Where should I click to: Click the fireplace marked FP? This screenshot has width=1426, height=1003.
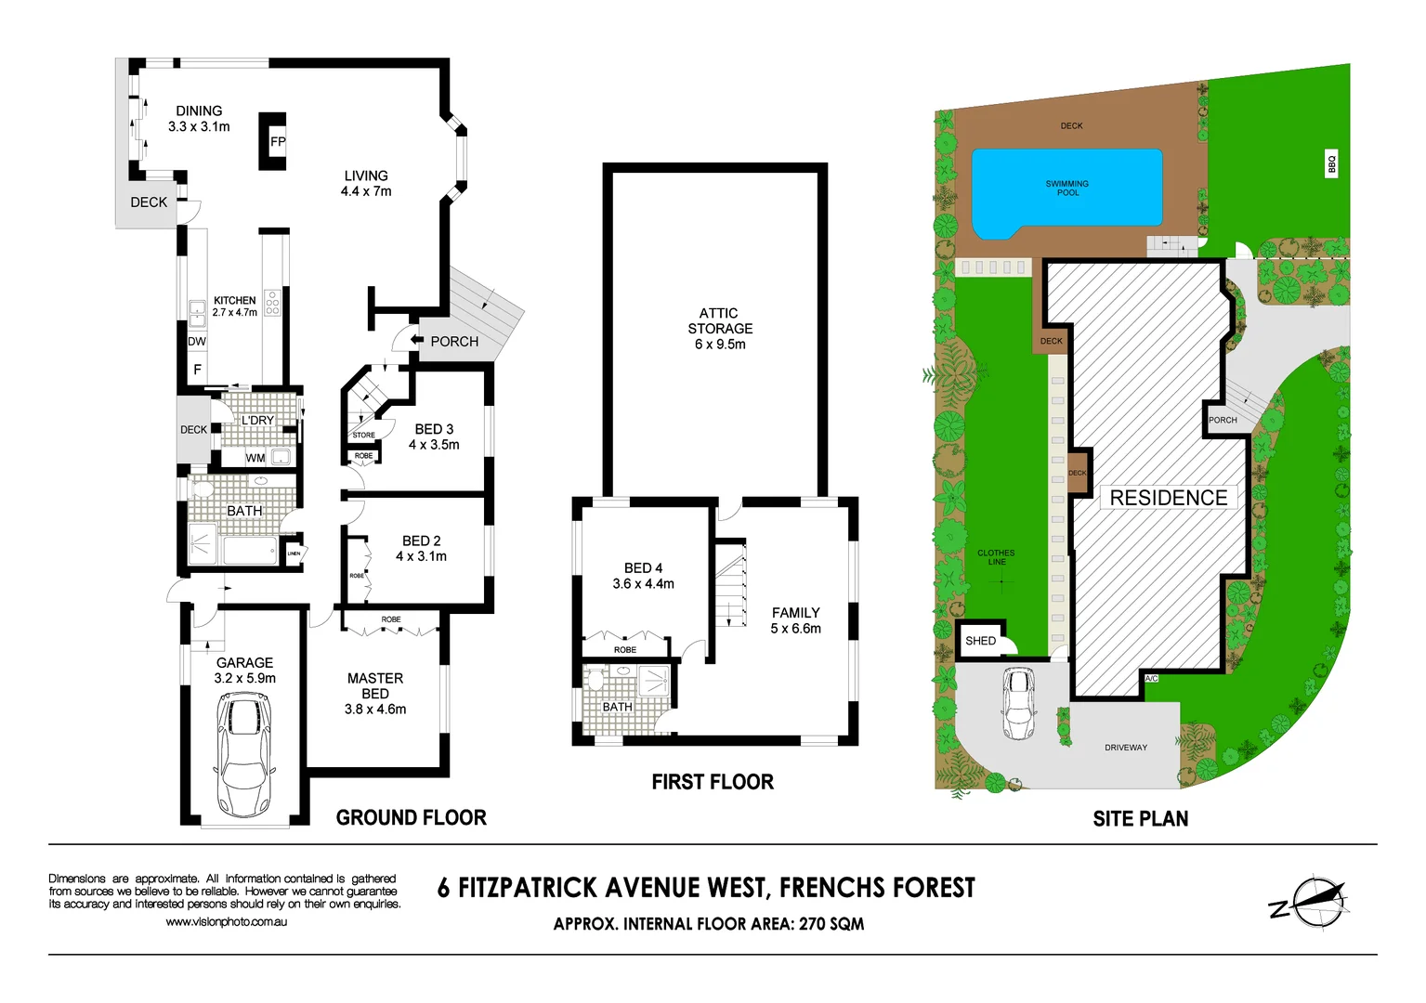[273, 141]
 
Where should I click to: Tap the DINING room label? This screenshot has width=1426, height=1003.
[199, 111]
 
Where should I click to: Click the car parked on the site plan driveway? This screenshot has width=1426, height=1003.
[1019, 703]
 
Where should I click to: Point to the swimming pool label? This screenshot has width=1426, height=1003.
[1066, 189]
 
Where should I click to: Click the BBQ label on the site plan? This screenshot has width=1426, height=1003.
[1331, 163]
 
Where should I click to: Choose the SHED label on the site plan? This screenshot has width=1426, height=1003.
[980, 641]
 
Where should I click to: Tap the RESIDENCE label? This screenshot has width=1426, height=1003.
[1168, 498]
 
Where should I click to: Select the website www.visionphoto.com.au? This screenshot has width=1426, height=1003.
[226, 922]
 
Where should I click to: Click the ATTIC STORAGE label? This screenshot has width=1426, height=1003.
[720, 321]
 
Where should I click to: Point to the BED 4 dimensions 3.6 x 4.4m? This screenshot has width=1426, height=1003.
[643, 584]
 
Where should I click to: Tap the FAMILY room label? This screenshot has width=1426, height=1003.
[795, 613]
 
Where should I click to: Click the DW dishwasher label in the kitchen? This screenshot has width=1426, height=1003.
[197, 342]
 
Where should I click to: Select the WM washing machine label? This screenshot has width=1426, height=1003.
[255, 458]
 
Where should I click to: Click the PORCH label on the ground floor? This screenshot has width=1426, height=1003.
[454, 342]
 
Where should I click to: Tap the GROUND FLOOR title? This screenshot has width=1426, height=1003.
[411, 817]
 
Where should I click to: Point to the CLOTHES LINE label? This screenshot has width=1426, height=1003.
[996, 557]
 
